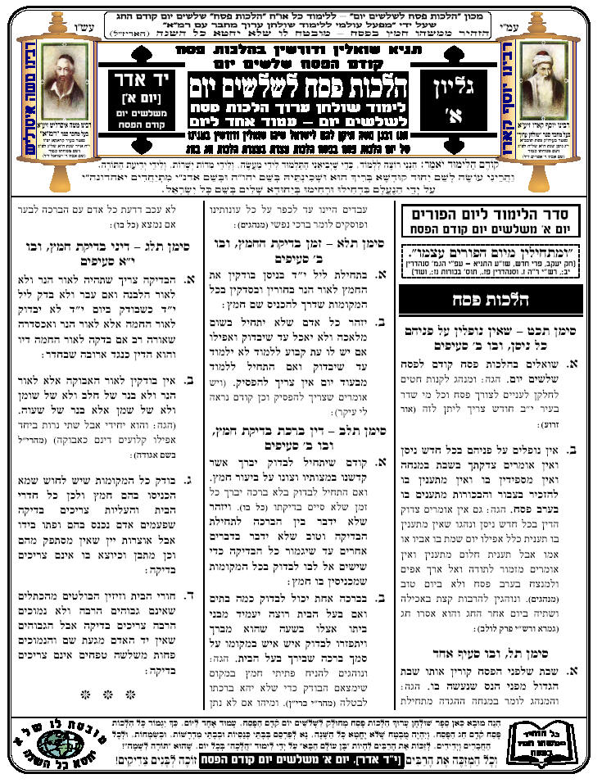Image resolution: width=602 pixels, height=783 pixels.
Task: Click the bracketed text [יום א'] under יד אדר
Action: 147,107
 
